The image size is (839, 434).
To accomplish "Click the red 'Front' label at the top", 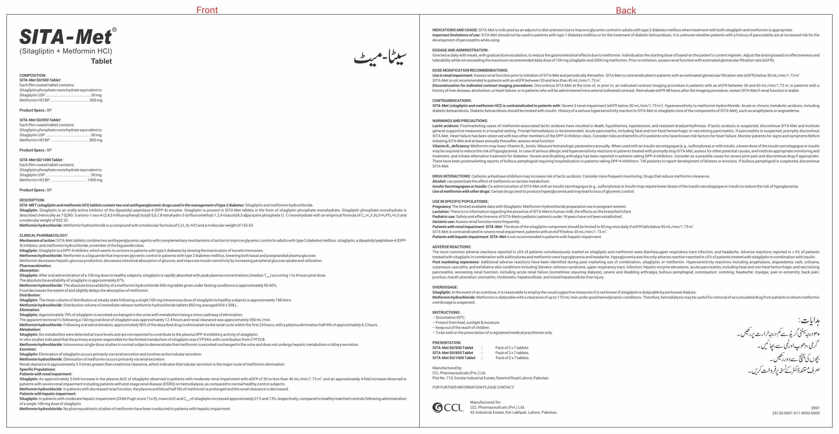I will point(207,10).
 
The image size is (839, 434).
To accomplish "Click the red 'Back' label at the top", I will point(626,10).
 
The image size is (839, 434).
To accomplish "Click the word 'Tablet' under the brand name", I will point(101,61).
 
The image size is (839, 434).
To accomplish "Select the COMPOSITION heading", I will point(33,75).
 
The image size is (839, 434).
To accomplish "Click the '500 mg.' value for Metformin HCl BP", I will point(96,100).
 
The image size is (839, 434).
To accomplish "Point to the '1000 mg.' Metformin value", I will point(95,180).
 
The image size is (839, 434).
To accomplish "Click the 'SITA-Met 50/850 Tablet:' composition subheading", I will point(40,120).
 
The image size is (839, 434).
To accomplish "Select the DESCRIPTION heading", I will point(32,200).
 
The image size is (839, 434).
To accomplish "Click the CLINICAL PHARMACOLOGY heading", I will point(44,235).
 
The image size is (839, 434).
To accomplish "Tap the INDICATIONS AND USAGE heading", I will point(455,30).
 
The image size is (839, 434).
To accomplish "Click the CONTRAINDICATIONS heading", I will point(452,101).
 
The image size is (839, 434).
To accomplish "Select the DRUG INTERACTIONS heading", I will point(451,176).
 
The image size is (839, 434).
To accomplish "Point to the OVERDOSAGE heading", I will point(445,287).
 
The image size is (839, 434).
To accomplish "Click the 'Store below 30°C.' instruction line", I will point(450,317).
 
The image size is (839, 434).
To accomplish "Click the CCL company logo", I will point(448,407).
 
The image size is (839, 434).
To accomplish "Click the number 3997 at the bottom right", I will point(815,408).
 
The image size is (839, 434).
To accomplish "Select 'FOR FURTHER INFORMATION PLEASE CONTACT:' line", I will point(473,387).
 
